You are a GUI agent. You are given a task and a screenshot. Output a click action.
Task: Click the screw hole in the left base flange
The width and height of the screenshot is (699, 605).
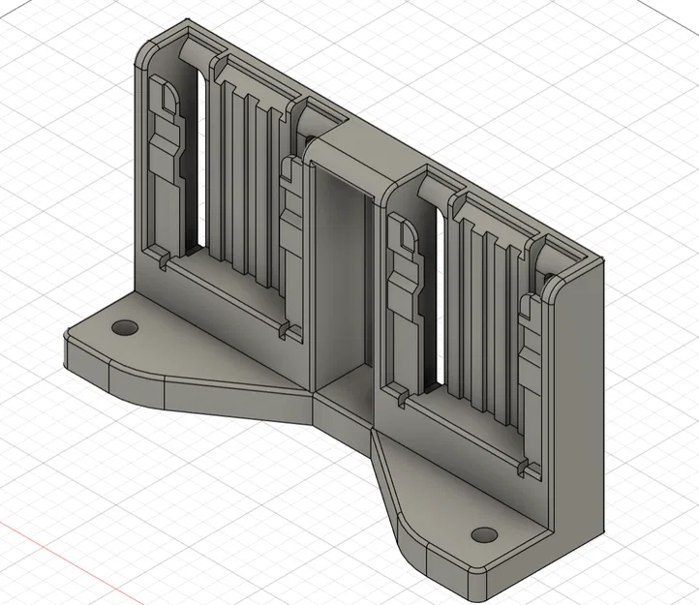click(124, 327)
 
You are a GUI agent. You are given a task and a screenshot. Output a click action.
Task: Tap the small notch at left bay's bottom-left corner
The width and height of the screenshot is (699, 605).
click(163, 260)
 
